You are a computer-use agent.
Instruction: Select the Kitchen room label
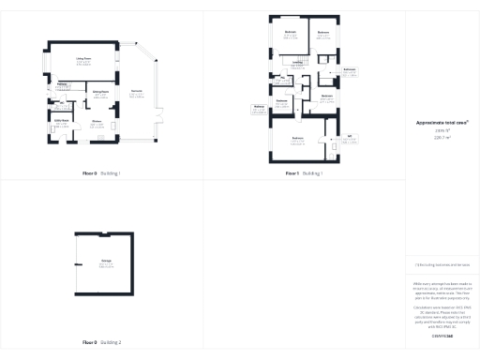point(97,121)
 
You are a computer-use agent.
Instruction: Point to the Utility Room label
point(62,121)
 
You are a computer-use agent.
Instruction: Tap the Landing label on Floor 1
point(297,63)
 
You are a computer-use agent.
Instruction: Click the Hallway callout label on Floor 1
point(259,107)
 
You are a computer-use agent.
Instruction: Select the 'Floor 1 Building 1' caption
point(304,173)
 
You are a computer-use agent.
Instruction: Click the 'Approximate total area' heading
point(442,122)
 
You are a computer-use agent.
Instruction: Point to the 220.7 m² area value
point(442,137)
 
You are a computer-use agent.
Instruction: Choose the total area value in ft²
point(442,130)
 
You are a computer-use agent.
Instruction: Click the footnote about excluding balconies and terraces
point(442,266)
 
